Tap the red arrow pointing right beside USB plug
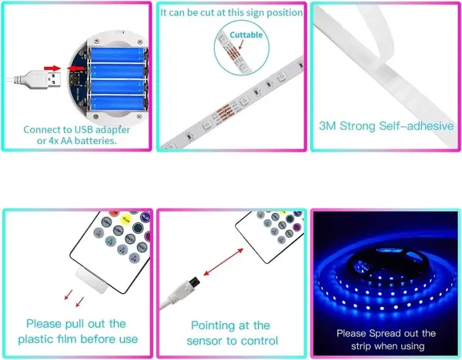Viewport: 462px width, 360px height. [52, 68]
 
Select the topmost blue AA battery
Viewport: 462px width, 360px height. [118, 55]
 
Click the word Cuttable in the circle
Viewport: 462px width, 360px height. [246, 35]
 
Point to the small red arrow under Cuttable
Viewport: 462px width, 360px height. [241, 45]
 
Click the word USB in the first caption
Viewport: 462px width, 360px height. [84, 129]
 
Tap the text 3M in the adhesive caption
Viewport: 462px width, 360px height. [327, 126]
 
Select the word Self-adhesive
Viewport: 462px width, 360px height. [416, 126]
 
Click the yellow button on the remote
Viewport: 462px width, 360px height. [126, 219]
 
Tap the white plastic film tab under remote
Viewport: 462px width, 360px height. [92, 281]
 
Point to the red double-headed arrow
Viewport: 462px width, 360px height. [223, 262]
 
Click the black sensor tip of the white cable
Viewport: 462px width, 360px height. [194, 282]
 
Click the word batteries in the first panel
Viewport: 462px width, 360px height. [95, 141]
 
